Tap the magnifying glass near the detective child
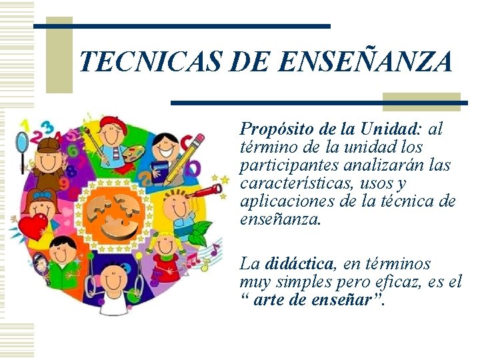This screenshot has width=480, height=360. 22,142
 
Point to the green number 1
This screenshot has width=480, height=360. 25,125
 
